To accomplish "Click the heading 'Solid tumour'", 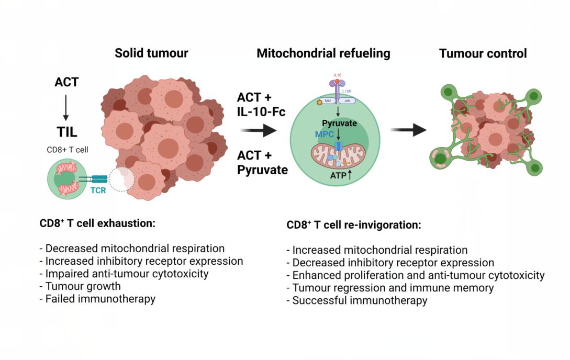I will click(151, 53).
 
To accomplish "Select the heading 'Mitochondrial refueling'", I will click(323, 53).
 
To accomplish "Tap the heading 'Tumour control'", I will click(483, 53).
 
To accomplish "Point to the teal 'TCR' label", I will click(98, 190).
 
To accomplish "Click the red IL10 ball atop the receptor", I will click(338, 82).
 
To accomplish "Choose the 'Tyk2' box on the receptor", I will click(326, 102).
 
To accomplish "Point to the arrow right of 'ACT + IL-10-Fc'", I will click(263, 129).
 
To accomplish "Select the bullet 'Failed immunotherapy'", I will click(98, 299).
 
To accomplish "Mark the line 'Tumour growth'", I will click(80, 286).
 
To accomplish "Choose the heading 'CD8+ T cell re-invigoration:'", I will click(354, 226).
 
